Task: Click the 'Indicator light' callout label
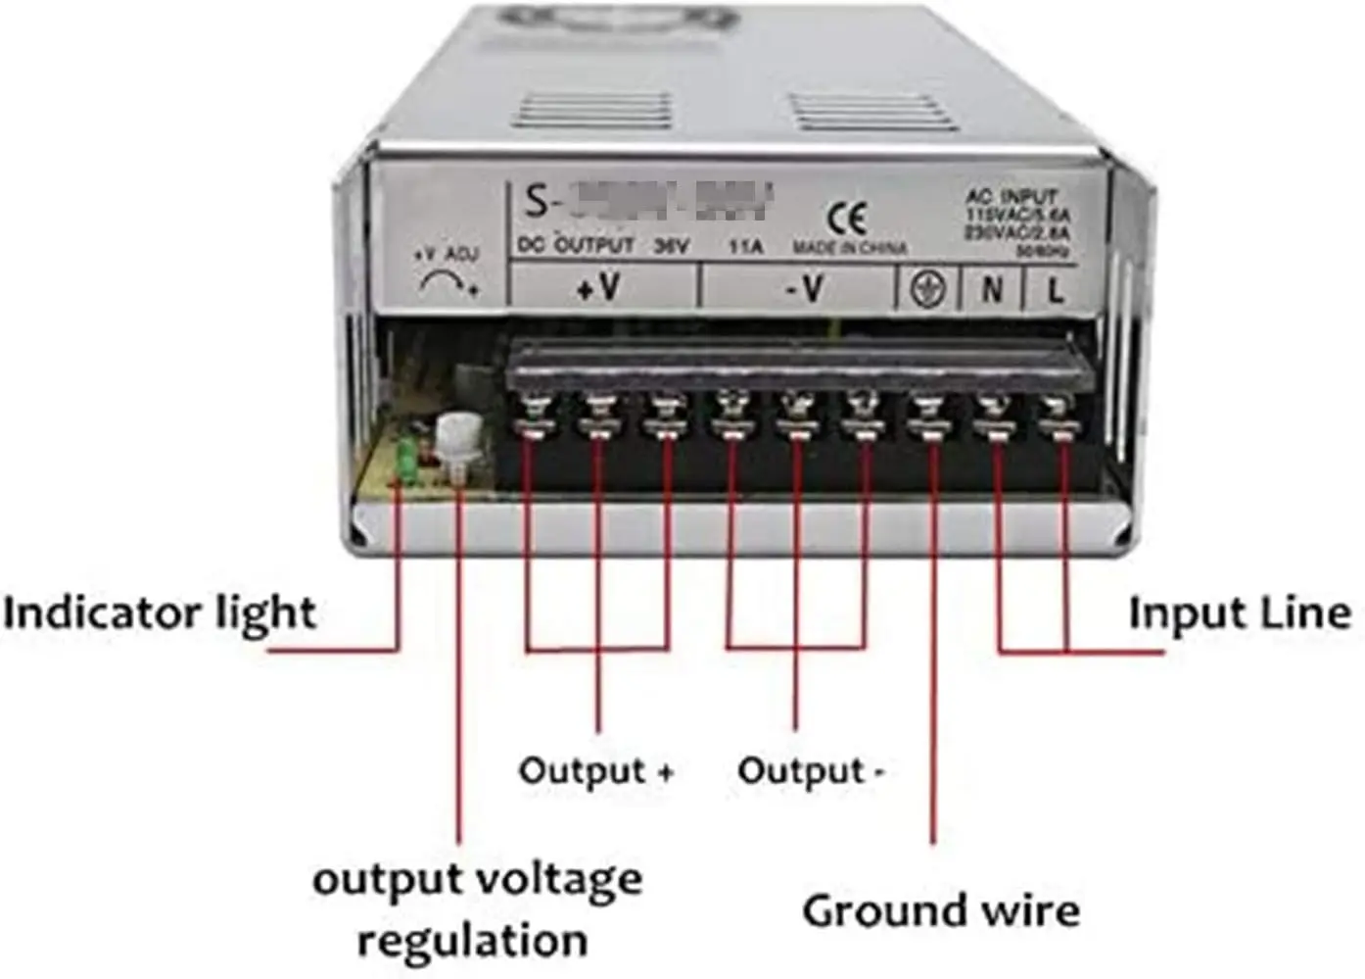[160, 614]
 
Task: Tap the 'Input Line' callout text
[1240, 613]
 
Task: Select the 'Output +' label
[596, 770]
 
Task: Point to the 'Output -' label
[810, 771]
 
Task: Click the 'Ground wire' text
[941, 910]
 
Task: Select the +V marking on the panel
[598, 287]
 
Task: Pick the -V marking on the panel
[805, 288]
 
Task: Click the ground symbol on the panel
[927, 289]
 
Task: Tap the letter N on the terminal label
[992, 289]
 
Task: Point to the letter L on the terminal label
[1055, 289]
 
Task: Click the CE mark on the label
[847, 217]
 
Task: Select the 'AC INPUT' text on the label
[1012, 196]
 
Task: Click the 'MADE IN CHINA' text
[849, 247]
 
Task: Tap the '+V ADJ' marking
[447, 254]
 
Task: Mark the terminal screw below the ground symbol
[928, 416]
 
